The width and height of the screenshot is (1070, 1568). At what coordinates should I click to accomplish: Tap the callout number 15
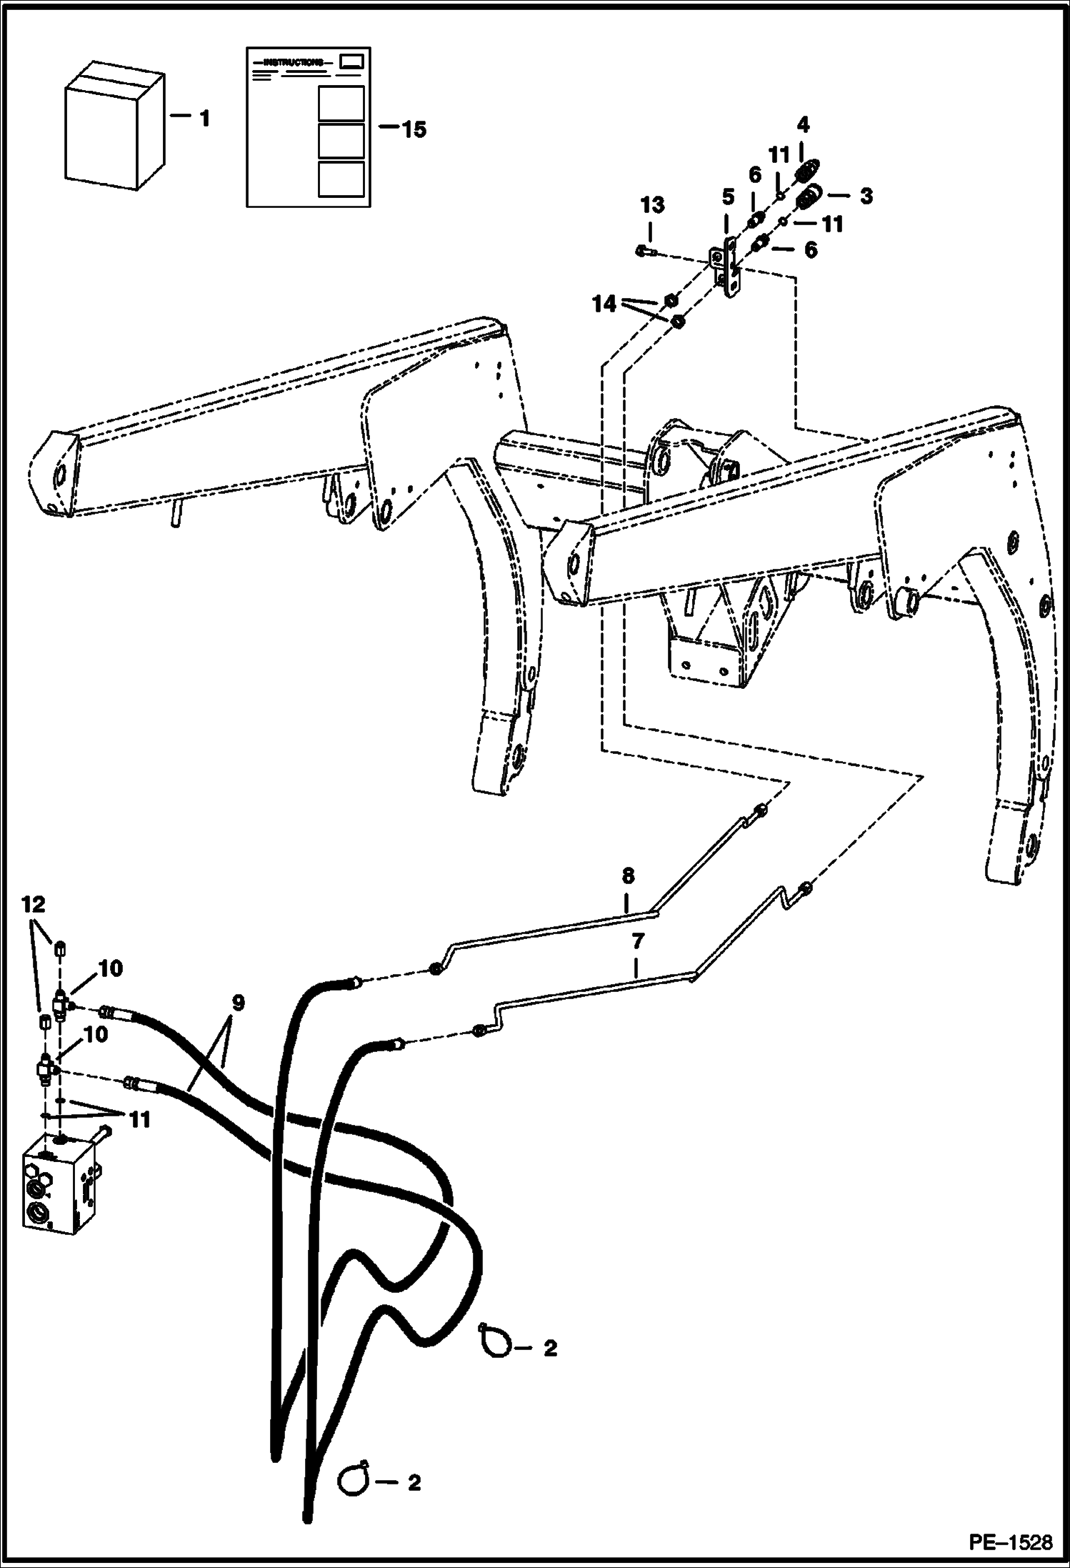tap(413, 129)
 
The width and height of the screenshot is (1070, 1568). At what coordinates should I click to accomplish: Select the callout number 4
tap(803, 125)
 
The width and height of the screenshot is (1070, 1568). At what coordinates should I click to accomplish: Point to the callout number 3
tap(866, 196)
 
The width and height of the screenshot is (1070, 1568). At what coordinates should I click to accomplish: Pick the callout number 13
tap(651, 206)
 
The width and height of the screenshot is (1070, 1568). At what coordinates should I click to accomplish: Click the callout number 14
tap(604, 304)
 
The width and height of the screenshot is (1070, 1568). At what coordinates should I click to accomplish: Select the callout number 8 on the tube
tap(627, 875)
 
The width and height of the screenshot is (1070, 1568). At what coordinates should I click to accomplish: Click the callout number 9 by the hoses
tap(237, 1003)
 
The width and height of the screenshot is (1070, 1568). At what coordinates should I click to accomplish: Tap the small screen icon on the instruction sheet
tap(351, 62)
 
